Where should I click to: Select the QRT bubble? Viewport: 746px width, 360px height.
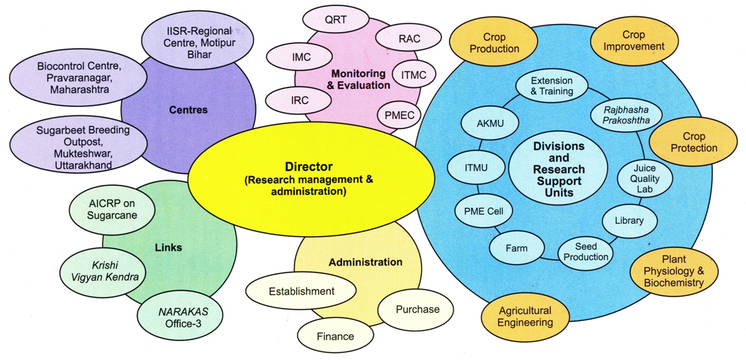tap(336, 20)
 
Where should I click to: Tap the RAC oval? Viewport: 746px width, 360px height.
tap(409, 39)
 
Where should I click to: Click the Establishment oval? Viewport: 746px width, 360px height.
tap(301, 291)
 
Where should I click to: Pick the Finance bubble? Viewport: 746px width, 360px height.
tap(335, 336)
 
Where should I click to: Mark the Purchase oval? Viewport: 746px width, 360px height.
tap(417, 310)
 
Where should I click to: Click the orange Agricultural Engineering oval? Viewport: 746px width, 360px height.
tap(525, 317)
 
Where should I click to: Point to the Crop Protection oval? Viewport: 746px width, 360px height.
tap(693, 143)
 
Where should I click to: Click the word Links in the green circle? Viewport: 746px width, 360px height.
tap(169, 248)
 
